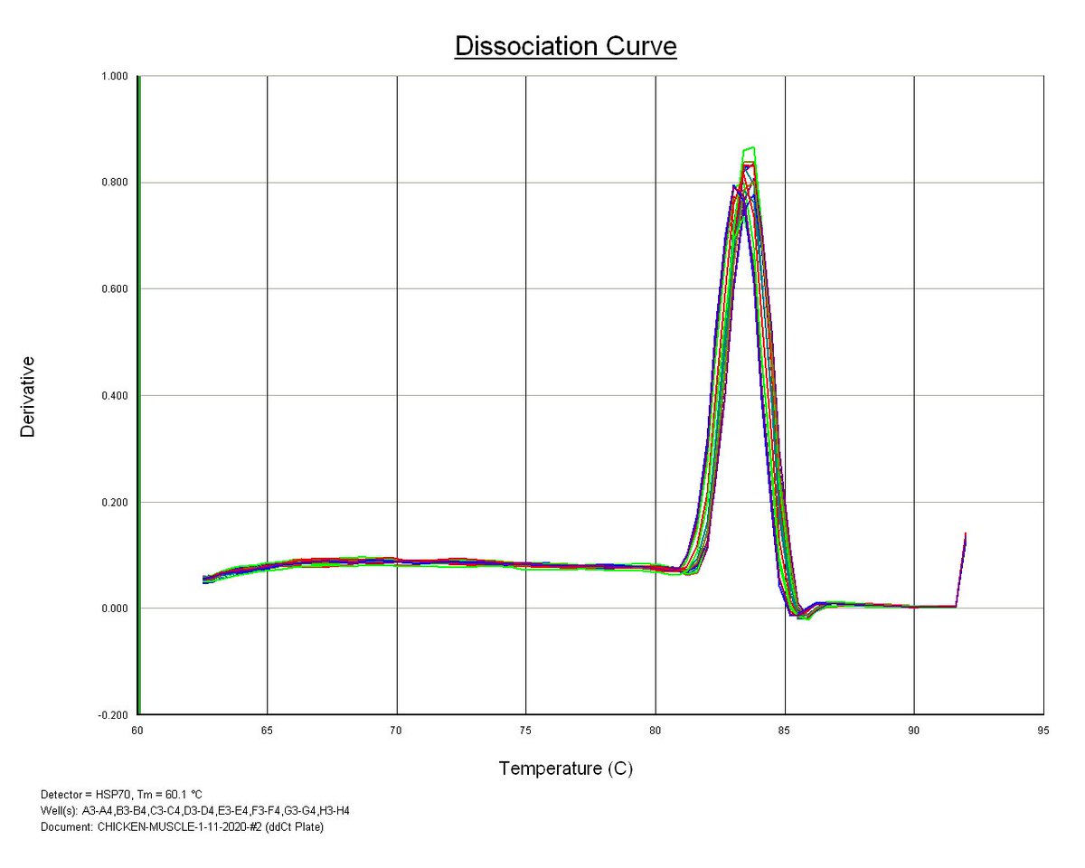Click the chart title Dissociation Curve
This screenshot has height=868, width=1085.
click(x=565, y=47)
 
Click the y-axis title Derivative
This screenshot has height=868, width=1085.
click(x=28, y=396)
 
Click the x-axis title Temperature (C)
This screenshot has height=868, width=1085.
click(x=565, y=769)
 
